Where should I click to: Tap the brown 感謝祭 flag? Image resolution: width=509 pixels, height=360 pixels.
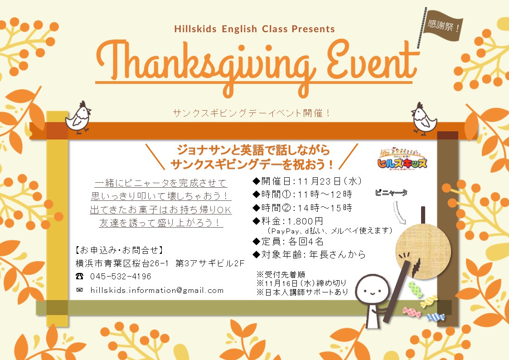pos(443,25)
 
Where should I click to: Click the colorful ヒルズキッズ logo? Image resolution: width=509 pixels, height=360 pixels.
pos(402,158)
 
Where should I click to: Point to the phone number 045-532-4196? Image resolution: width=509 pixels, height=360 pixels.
pos(121,277)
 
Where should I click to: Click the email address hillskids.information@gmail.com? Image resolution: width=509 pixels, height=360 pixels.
pos(157,290)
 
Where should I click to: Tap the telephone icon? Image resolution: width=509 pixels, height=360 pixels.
pos(79,276)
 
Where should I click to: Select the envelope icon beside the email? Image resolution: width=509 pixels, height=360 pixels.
pos(79,290)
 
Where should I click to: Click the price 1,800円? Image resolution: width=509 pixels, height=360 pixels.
pos(305,221)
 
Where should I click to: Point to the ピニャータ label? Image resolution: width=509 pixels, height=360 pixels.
pos(391,193)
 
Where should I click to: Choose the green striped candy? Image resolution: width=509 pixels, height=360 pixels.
pos(415,289)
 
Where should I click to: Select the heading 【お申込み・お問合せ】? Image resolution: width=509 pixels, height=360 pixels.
pos(119,250)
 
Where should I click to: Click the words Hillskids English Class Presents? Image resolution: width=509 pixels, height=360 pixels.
pos(255,29)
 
